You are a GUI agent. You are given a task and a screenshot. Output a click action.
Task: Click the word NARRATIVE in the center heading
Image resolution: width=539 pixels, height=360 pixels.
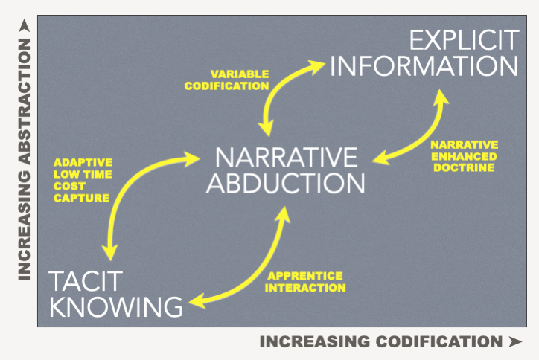point(286,158)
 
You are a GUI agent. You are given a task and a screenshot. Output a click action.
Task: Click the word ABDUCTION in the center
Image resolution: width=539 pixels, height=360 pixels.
point(286,183)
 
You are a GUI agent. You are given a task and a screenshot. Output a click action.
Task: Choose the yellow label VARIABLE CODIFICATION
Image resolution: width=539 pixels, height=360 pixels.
point(238,80)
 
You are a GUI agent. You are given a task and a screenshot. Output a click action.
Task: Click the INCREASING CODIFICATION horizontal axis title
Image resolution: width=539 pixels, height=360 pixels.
point(380,343)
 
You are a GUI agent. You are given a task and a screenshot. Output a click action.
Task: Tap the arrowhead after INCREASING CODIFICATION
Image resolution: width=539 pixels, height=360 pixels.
point(514,343)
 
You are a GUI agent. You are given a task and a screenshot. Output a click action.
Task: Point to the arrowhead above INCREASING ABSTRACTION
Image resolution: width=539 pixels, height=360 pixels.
point(24,27)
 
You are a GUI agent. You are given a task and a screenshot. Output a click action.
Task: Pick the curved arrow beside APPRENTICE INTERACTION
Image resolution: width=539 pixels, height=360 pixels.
point(257,268)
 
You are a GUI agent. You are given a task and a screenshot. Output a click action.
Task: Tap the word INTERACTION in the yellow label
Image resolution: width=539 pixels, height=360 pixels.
point(306,287)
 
